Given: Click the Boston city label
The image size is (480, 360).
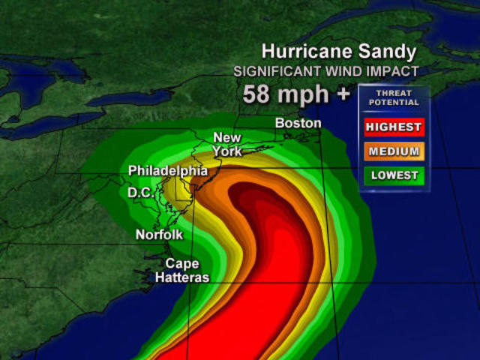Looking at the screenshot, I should tap(298, 123).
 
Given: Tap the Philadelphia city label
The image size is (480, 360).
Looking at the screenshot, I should tap(167, 171).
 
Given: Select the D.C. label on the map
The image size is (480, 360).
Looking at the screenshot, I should tap(141, 193).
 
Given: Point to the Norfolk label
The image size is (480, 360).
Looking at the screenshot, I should tap(159, 235).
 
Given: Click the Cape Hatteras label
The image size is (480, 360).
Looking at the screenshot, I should tap(182, 270).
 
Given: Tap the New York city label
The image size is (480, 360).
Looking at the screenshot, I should tap(227, 144).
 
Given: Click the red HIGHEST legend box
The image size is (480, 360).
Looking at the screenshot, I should tap(394, 127).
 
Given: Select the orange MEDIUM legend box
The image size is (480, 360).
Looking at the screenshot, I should tap(394, 151).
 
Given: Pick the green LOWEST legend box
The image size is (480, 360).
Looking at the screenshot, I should tap(394, 175).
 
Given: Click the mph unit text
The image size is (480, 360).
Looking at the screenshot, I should tap(306, 96).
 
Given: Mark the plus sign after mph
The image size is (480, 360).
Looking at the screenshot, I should tap(344, 95).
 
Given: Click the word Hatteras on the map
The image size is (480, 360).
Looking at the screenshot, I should tap(182, 277).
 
